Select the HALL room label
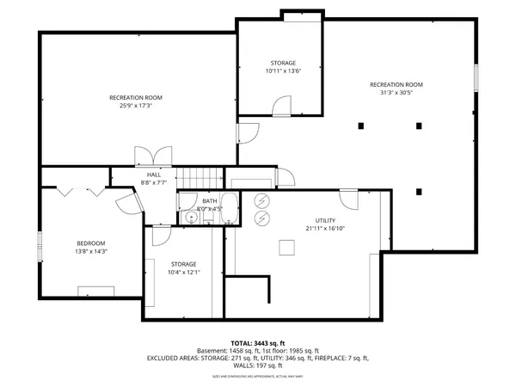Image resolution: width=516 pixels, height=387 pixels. [153, 175]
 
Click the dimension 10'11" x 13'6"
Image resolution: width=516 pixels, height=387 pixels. [282, 72]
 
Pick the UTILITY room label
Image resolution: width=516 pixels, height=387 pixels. [325, 220]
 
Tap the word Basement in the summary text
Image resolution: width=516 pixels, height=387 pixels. [213, 351]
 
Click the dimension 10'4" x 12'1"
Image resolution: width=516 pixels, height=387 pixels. [183, 273]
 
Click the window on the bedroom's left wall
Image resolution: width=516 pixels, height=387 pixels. [40, 244]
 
